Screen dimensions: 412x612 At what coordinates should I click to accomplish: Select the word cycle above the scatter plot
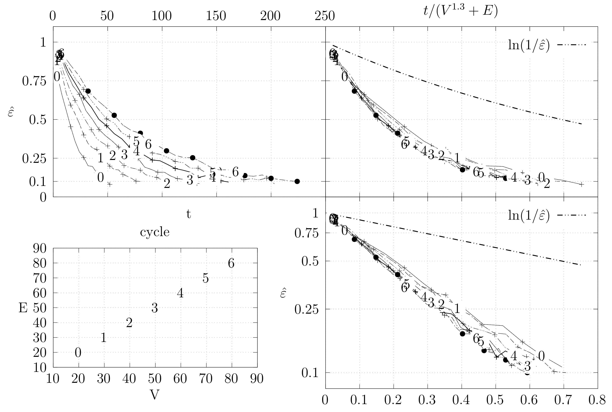[x=155, y=232]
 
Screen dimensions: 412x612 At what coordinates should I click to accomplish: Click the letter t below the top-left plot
[x=188, y=214]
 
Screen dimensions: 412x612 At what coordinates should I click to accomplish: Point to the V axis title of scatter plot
[x=155, y=395]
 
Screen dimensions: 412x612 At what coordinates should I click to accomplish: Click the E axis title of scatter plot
[x=23, y=308]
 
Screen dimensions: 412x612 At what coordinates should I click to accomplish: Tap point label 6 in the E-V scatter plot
[x=231, y=263]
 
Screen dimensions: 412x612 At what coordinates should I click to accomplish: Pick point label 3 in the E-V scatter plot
[x=155, y=308]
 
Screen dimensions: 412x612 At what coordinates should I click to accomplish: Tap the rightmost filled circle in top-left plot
[x=297, y=181]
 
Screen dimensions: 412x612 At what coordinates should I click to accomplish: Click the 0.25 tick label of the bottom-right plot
[x=306, y=309]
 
